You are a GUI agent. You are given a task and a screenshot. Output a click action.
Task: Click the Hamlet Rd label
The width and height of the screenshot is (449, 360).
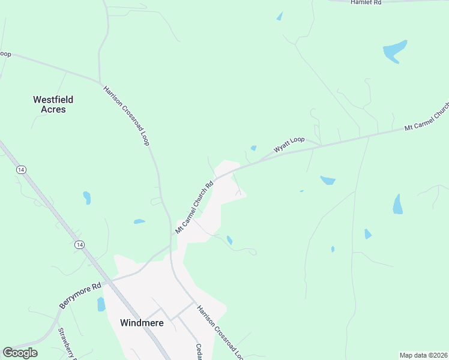click(x=366, y=3)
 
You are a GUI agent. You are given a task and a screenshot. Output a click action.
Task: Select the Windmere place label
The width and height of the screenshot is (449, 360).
click(x=142, y=322)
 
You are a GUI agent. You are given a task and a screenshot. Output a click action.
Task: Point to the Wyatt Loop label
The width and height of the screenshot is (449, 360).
click(x=289, y=145)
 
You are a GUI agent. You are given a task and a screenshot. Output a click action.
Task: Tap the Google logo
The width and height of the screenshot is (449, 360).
click(x=20, y=353)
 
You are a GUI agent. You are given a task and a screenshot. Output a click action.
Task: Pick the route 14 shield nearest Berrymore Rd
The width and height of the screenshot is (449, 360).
click(x=79, y=245)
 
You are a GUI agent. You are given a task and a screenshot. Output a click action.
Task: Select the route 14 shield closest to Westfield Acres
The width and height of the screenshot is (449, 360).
click(x=22, y=170)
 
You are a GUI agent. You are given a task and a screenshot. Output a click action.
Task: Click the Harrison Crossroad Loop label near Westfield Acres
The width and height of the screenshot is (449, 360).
click(x=126, y=115)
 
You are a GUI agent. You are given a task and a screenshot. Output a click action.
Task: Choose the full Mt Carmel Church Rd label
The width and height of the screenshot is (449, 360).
click(x=194, y=208)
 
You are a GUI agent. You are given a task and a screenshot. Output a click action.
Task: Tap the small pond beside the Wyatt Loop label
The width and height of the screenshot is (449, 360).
click(x=253, y=148)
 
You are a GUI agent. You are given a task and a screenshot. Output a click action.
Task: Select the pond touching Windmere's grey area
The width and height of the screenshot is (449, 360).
click(x=101, y=304)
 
